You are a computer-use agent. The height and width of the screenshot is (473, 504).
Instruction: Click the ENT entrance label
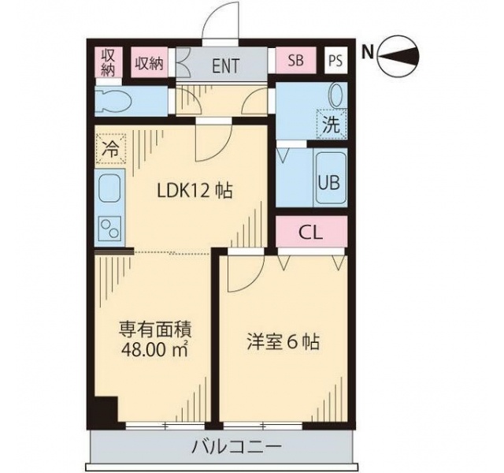point(226,65)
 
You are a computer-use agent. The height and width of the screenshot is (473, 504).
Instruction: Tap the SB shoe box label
point(296,60)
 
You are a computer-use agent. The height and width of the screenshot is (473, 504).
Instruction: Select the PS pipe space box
point(335,61)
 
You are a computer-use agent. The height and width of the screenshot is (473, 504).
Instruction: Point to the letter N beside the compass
point(368,53)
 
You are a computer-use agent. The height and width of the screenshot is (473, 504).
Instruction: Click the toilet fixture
point(113,102)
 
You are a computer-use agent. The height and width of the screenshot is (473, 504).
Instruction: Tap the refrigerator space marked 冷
point(110,150)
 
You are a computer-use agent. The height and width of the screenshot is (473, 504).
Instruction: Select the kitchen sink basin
point(109,188)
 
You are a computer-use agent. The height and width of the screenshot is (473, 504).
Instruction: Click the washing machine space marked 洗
point(332,125)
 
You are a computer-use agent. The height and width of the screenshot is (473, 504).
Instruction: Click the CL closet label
point(310,232)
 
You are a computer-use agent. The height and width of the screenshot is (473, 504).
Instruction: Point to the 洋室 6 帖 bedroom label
point(283,343)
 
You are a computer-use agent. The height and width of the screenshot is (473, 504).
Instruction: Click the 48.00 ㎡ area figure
point(155,349)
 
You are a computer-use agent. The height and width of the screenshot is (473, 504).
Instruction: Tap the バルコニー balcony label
point(236,447)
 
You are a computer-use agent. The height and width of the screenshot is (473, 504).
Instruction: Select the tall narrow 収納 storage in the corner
point(109,62)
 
